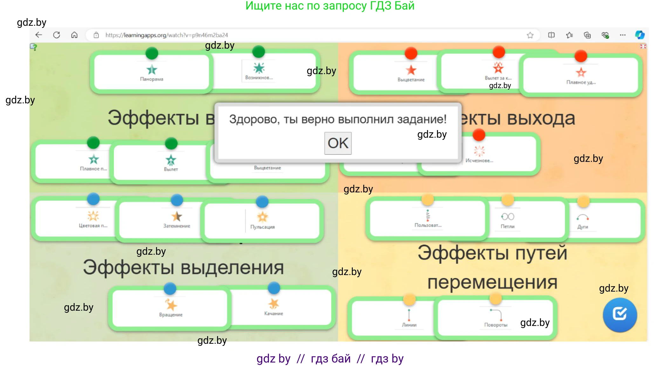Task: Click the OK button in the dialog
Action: point(338,143)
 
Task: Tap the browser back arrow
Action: point(39,35)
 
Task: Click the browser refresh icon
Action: point(57,35)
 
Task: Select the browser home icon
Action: point(74,35)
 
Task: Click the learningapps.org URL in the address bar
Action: point(167,35)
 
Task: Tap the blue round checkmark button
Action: point(620,314)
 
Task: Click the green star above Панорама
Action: point(152,69)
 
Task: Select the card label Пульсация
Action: point(262,227)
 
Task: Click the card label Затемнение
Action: point(177,226)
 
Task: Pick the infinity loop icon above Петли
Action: point(508,217)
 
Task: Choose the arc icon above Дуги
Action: point(583,218)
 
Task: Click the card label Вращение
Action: point(171,315)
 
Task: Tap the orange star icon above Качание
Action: point(273,304)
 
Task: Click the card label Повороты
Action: point(496,325)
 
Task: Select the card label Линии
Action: point(409,325)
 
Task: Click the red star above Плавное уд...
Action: point(581,73)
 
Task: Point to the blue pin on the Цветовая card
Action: point(93,199)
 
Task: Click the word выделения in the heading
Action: point(232,268)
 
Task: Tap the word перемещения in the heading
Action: point(492,282)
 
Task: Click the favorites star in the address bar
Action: point(530,35)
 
